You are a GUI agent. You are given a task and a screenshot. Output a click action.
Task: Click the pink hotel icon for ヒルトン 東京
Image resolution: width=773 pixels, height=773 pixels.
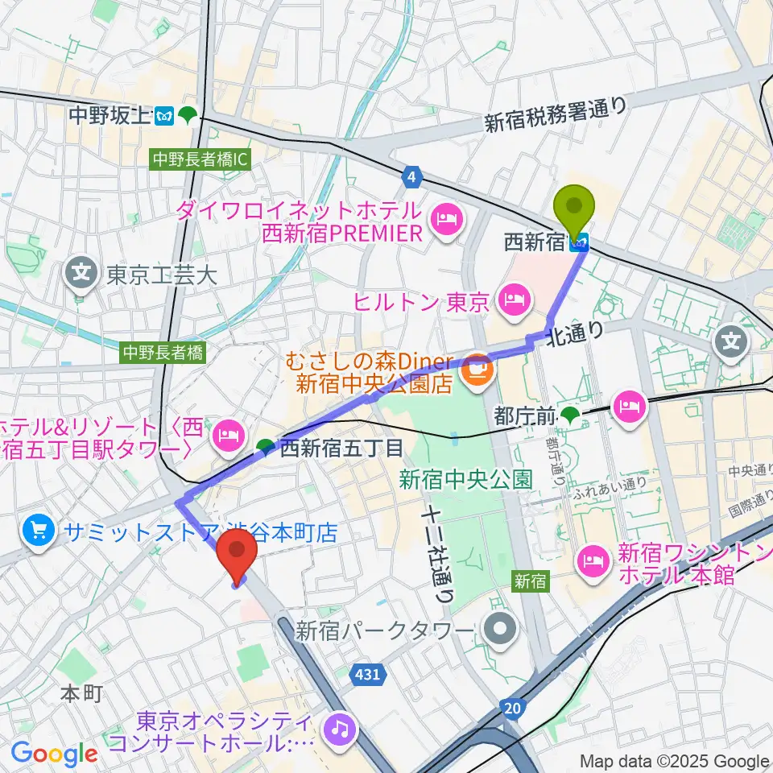[x=512, y=302]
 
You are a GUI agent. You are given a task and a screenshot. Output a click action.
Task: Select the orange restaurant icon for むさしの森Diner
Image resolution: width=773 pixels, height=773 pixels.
[x=477, y=367]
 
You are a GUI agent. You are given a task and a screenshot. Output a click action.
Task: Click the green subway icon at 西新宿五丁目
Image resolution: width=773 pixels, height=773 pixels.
[x=265, y=446]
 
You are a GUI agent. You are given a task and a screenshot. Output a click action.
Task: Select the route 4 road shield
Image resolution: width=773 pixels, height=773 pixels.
[x=413, y=176]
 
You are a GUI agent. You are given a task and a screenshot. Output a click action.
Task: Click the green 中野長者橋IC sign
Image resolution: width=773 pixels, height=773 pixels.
[x=200, y=160]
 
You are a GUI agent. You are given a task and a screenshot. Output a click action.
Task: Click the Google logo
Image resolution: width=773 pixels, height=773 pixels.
[x=54, y=754]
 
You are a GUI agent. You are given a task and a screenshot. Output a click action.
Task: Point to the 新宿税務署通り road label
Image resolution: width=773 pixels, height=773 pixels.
[x=556, y=114]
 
